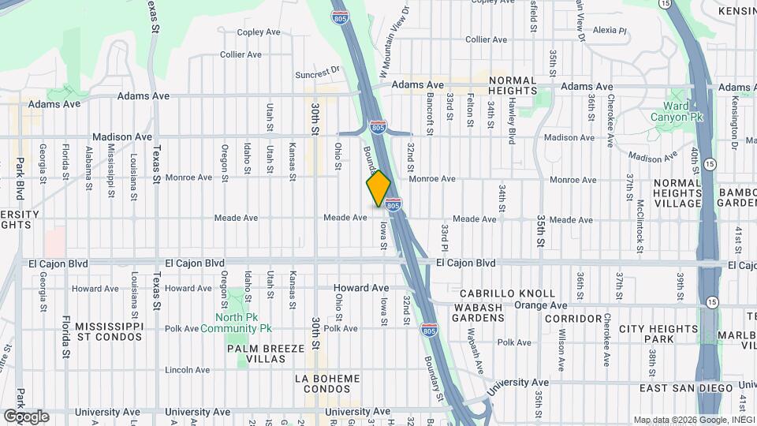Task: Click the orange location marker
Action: click(378, 189)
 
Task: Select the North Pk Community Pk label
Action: click(236, 323)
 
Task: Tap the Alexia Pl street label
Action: click(609, 31)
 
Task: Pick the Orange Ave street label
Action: click(541, 305)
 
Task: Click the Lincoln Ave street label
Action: click(188, 369)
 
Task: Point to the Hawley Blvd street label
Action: click(511, 124)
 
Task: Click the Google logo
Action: click(26, 416)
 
